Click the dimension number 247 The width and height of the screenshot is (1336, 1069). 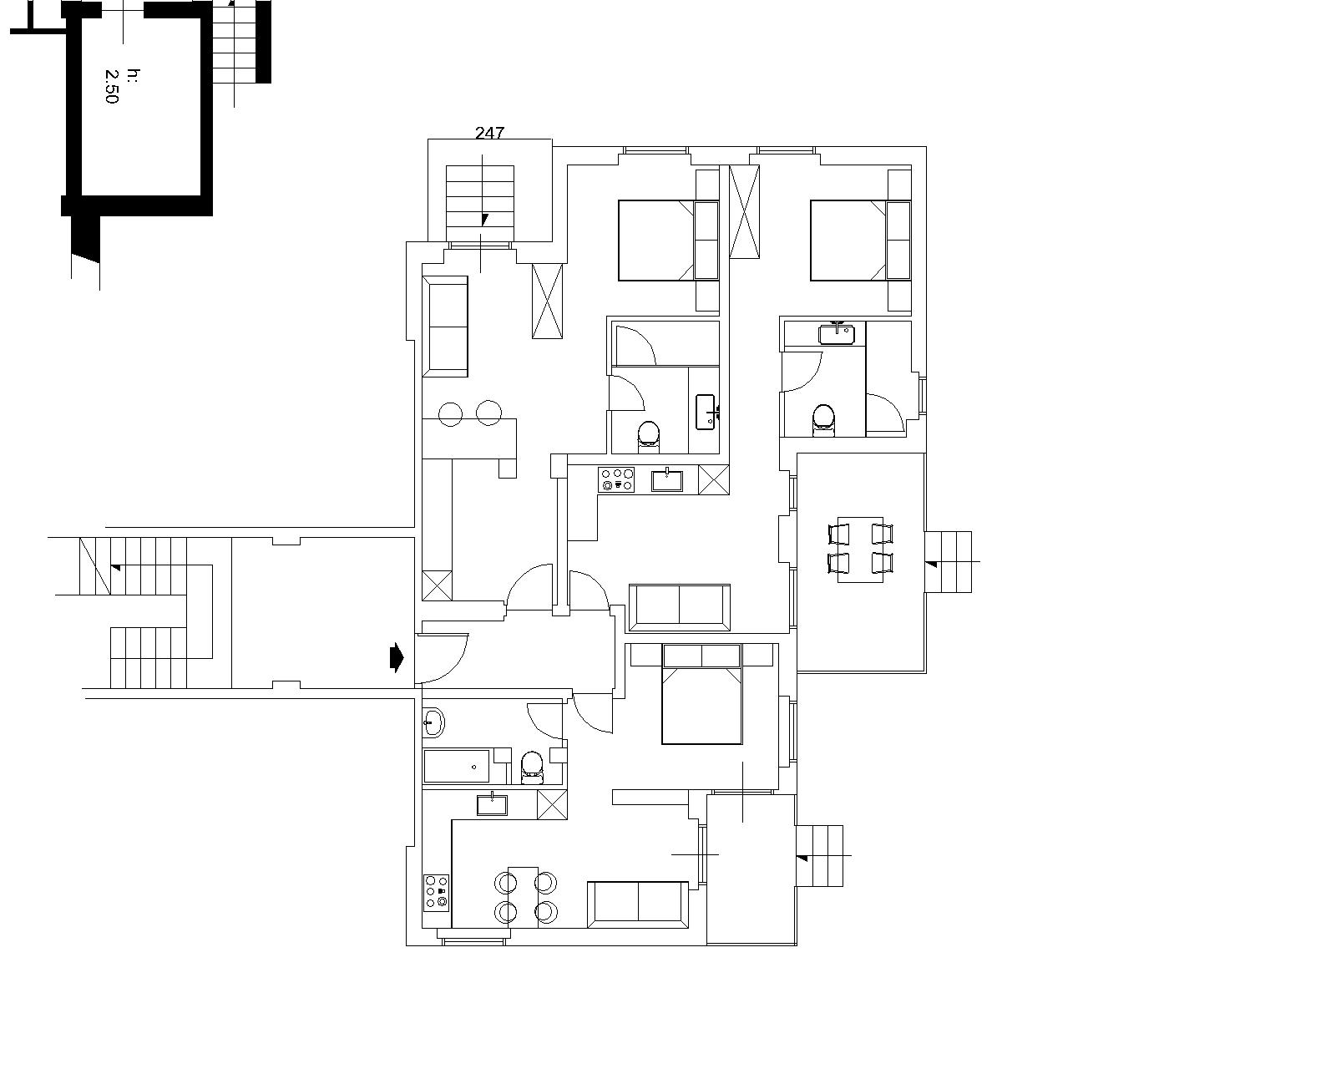489,132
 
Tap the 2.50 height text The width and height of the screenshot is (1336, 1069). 112,86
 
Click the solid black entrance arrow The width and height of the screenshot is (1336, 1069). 397,657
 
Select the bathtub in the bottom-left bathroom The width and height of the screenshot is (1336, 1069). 456,766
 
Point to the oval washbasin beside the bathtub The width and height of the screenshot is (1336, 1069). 433,722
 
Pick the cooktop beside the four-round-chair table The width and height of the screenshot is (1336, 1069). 436,893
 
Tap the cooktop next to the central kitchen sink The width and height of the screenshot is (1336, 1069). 616,479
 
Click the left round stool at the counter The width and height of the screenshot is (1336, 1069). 450,413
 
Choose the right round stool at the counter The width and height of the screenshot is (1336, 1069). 488,413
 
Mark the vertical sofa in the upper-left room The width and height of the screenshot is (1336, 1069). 444,326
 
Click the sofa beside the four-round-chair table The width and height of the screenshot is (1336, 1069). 638,904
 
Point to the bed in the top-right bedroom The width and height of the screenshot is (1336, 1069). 860,240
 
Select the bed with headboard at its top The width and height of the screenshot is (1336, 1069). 701,694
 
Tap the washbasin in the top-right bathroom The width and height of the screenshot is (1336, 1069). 836,333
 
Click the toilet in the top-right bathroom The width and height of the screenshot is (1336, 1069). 823,421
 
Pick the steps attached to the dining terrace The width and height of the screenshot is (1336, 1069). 948,561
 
